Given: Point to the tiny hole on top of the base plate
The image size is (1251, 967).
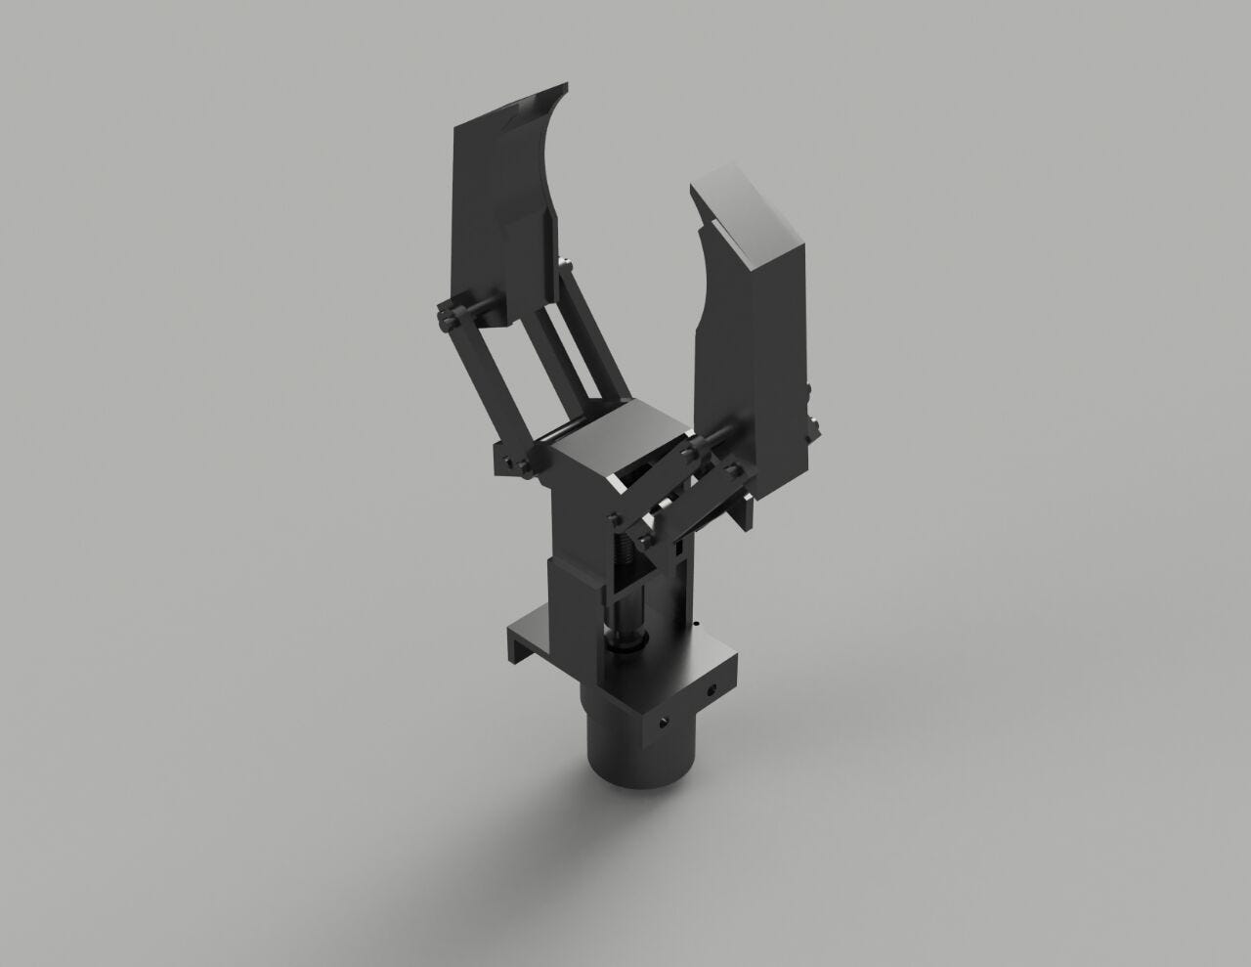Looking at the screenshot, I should [695, 621].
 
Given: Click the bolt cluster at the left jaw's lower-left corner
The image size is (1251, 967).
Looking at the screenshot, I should [448, 317].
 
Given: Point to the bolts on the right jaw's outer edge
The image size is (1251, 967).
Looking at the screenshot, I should [810, 411].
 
